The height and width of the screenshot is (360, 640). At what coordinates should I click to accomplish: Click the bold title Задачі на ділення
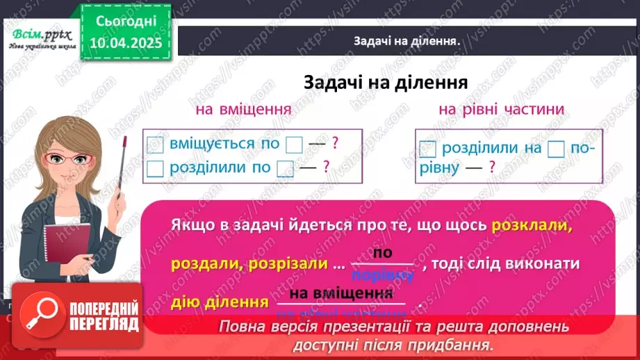pyautogui.click(x=384, y=83)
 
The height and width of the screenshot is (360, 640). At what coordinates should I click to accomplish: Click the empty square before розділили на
pyautogui.click(x=428, y=148)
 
